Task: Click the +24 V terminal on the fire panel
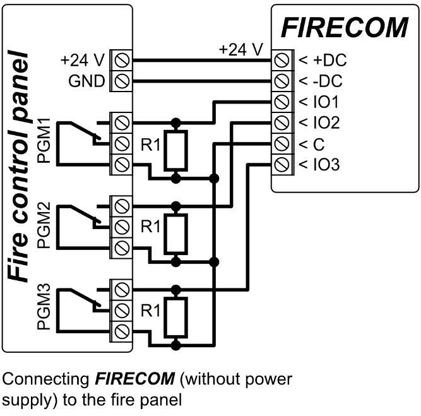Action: point(121,61)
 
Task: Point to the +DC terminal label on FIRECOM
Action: point(322,61)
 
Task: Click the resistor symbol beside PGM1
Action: point(175,151)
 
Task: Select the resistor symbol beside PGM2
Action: point(175,235)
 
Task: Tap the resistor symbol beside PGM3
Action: point(175,319)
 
